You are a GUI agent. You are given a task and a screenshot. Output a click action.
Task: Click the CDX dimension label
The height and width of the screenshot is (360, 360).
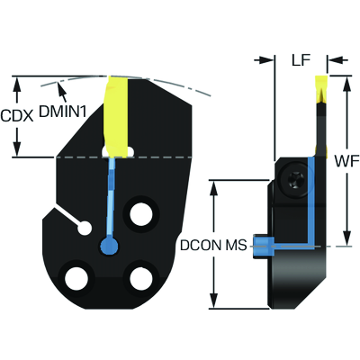17,115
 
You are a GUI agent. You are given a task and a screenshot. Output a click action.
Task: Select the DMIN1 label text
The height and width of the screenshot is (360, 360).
63,112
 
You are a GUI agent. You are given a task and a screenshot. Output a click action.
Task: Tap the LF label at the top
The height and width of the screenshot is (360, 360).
301,60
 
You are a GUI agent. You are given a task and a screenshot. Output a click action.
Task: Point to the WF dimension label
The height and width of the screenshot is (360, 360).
347,162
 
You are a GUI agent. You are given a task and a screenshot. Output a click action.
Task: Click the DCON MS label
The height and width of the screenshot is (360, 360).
213,246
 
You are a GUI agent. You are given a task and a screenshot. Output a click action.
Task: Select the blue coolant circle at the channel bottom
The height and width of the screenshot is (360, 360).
109,246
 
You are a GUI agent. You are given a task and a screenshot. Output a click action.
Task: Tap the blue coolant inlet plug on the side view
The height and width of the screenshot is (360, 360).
264,247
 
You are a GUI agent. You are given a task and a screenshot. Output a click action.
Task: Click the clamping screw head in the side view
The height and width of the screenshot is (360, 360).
294,179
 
